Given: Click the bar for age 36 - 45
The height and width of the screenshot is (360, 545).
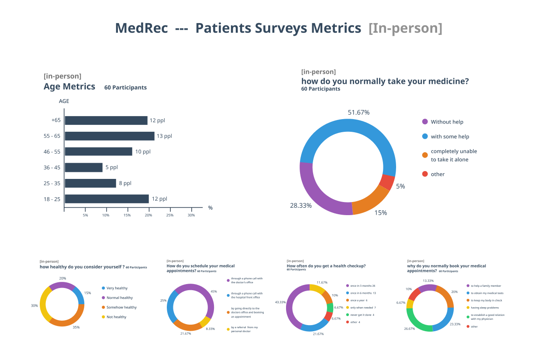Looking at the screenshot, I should click(83, 168).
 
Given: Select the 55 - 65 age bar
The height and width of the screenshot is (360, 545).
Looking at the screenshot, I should click(109, 136).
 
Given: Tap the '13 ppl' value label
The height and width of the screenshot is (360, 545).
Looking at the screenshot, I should click(164, 136).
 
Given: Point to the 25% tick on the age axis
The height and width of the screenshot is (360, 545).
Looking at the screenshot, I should click(170, 215).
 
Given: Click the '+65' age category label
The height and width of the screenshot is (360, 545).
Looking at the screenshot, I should click(55, 120).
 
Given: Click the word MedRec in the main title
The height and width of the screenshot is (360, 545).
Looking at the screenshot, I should click(141, 28).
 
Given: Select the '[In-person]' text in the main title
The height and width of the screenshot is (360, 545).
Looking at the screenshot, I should click(405, 28).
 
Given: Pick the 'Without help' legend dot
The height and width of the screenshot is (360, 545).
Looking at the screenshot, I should click(425, 122).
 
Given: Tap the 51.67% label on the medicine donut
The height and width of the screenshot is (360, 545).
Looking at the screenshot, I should click(359, 112).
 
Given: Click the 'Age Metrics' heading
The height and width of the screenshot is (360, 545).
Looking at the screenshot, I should click(69, 86).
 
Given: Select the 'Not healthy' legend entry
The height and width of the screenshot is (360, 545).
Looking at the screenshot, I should click(116, 317).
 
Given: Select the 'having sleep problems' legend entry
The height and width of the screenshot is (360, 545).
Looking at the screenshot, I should click(484, 308).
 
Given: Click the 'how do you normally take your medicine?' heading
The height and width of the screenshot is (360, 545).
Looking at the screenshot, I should click(385, 81).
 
